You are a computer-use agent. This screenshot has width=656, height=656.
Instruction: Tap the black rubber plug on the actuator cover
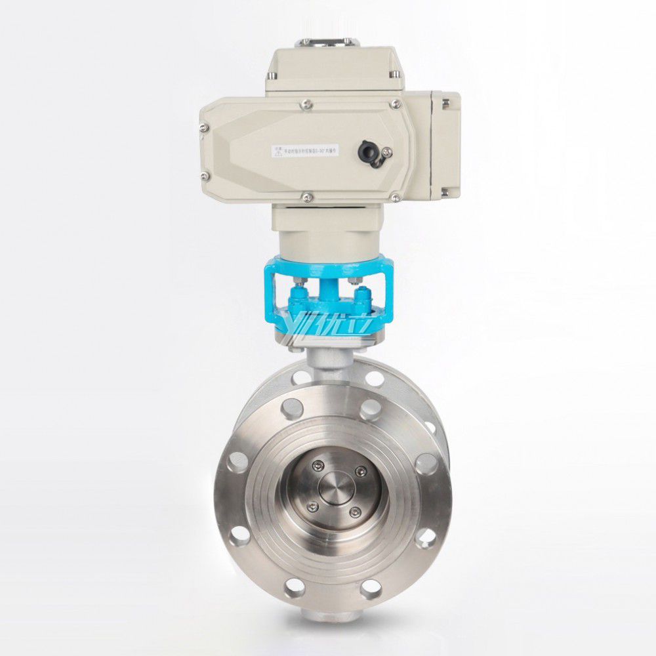click(x=367, y=152)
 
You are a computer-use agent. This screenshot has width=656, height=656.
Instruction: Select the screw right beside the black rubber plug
click(x=386, y=153)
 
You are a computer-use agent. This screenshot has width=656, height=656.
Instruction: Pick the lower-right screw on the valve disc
click(x=355, y=514)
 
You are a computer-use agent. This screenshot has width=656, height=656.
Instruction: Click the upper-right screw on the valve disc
click(x=358, y=470)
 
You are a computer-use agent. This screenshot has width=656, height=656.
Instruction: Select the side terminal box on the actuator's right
click(x=445, y=146)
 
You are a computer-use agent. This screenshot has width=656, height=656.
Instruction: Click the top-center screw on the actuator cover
click(x=306, y=103)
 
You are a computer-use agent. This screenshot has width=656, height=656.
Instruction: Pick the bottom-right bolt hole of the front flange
click(x=427, y=537)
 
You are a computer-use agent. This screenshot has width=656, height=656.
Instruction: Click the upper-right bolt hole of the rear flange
click(x=375, y=379)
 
